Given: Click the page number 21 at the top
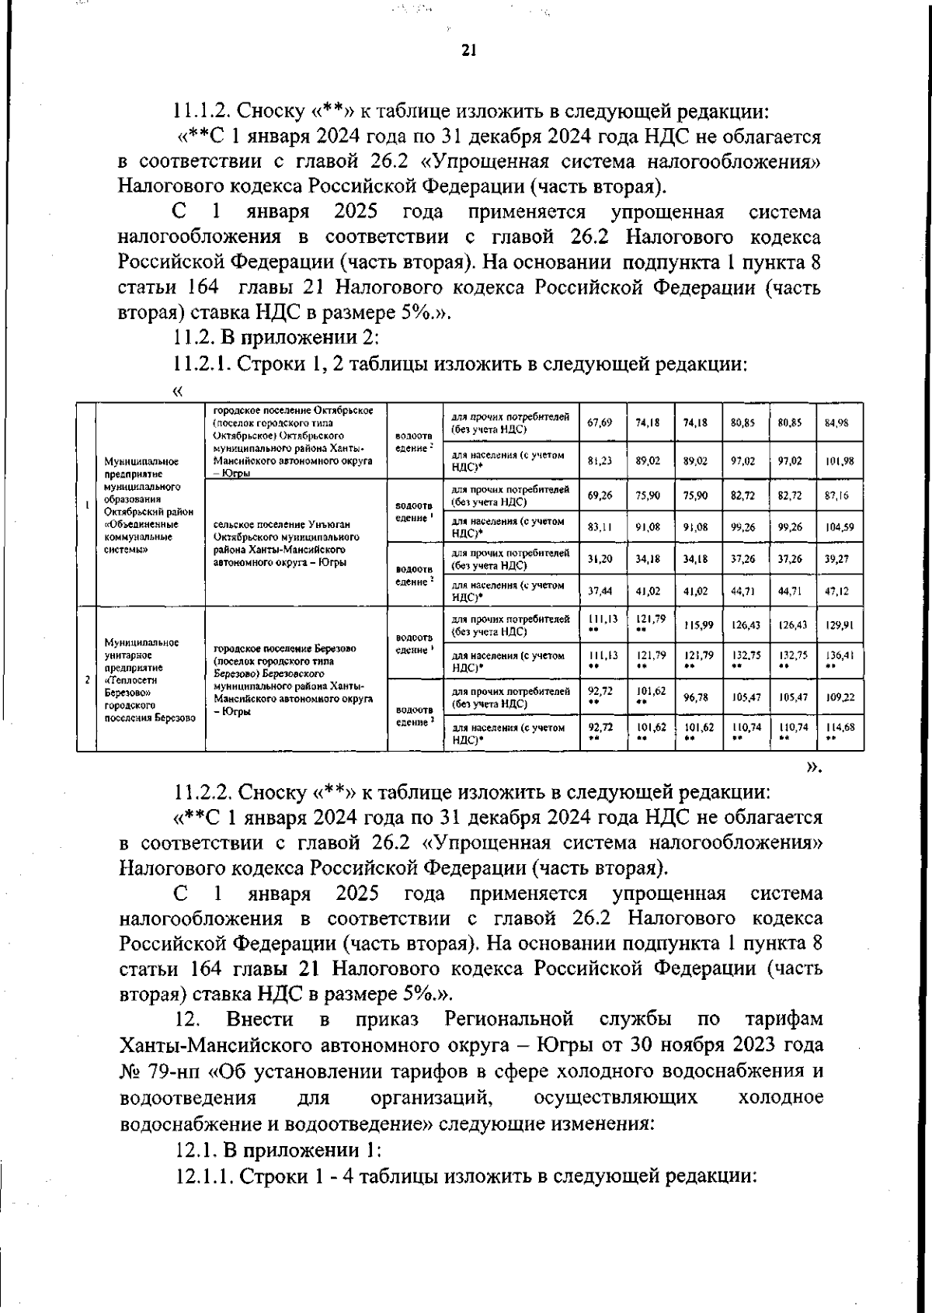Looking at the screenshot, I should (x=468, y=51).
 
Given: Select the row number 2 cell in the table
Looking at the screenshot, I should (x=86, y=679).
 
